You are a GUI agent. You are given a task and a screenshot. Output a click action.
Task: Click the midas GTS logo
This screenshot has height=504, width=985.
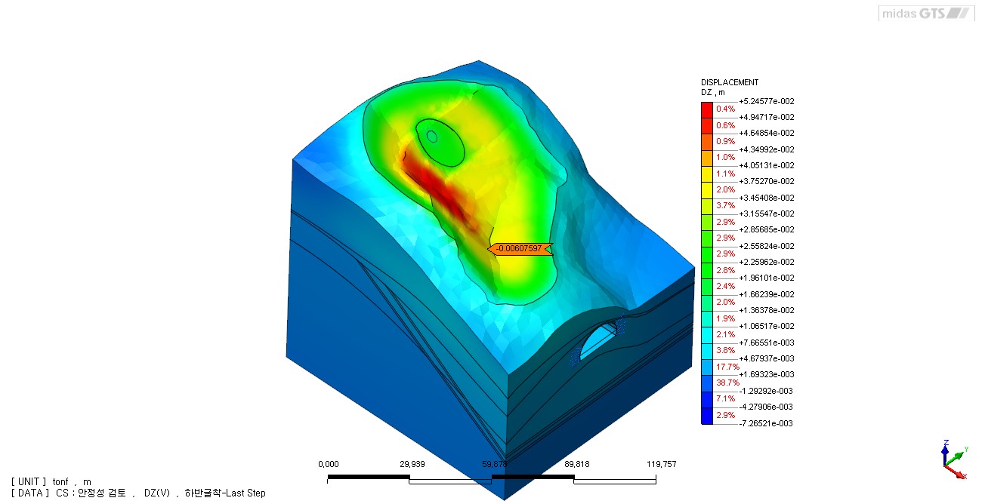pyautogui.click(x=926, y=13)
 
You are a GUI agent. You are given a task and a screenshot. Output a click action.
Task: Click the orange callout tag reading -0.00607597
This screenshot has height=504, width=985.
pyautogui.click(x=520, y=249)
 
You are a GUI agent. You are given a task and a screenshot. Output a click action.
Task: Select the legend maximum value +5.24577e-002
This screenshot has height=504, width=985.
pyautogui.click(x=767, y=102)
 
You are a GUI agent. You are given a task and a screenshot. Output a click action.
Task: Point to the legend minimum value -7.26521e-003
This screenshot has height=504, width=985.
pyautogui.click(x=766, y=423)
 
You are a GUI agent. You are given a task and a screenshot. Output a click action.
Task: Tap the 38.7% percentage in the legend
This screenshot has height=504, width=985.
pyautogui.click(x=727, y=383)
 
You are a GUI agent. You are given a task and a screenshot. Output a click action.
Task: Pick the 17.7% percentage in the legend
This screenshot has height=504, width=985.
pyautogui.click(x=727, y=367)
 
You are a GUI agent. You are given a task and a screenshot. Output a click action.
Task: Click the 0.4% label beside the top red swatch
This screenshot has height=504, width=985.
pyautogui.click(x=726, y=109)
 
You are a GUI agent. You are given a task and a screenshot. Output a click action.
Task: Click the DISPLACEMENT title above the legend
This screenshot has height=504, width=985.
pyautogui.click(x=730, y=82)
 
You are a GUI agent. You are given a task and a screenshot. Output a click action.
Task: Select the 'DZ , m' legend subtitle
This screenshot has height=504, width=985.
pyautogui.click(x=713, y=93)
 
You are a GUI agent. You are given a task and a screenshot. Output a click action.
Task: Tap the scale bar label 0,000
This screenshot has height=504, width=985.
pyautogui.click(x=329, y=464)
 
